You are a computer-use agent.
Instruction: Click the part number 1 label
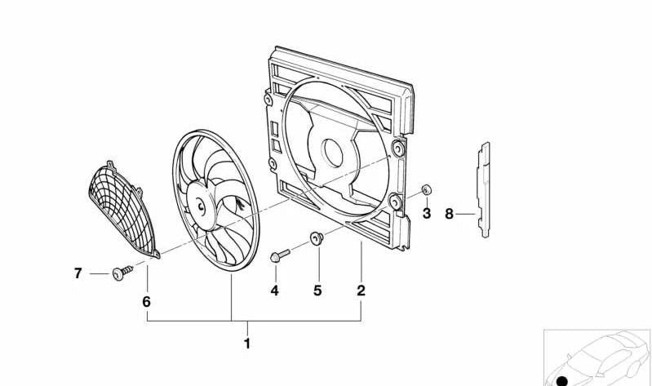[x=247, y=344]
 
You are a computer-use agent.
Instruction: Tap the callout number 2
[x=361, y=290]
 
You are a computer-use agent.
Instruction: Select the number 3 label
[x=426, y=214]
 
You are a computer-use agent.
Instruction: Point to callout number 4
[x=274, y=290]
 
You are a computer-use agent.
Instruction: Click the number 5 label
[x=317, y=290]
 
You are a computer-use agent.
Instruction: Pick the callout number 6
[x=147, y=301]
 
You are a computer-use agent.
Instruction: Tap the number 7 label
[x=78, y=273]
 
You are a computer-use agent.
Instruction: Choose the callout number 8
[x=449, y=214]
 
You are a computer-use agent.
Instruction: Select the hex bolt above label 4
[x=277, y=257]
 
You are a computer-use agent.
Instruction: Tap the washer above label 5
[x=317, y=239]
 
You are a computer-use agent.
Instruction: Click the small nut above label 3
[x=426, y=191]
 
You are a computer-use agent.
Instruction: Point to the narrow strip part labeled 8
[x=484, y=189]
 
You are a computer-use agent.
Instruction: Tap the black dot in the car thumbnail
[x=561, y=380]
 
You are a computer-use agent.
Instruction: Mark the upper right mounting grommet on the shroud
[x=397, y=149]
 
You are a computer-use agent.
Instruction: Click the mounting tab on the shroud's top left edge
[x=268, y=100]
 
